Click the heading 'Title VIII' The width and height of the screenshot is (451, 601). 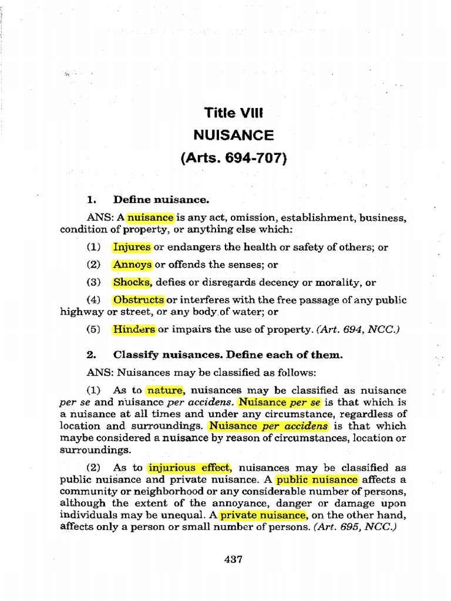point(233,112)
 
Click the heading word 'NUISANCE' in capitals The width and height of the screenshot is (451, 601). point(233,136)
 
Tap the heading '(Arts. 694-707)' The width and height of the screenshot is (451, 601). point(233,158)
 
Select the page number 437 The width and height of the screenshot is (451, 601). point(233,559)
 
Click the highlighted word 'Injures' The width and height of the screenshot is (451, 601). point(132,247)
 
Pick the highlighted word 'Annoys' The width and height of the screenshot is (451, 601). point(132,265)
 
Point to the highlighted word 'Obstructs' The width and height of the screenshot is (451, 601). point(139,300)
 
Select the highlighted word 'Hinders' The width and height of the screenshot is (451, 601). point(134,329)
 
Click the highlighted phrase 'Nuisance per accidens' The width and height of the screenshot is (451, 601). point(269,426)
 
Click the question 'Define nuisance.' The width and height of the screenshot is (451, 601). point(161,200)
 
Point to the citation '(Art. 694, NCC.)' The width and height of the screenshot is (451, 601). point(358,330)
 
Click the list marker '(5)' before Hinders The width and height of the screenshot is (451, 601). point(94,329)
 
